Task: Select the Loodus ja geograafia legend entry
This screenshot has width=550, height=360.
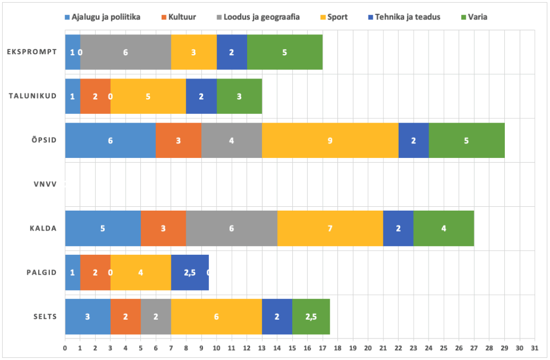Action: click(263, 17)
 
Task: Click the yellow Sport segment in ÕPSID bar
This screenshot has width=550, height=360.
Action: click(330, 140)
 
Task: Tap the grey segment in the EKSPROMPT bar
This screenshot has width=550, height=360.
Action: click(126, 52)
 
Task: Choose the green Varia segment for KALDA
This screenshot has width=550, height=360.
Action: click(444, 228)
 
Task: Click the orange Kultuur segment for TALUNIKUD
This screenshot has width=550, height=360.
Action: click(95, 96)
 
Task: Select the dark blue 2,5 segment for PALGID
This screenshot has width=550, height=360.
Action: click(190, 272)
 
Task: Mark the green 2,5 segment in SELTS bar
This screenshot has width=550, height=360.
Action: click(311, 316)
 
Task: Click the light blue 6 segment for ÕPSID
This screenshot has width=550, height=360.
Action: click(110, 140)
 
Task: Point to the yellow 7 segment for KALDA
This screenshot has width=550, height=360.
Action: click(330, 228)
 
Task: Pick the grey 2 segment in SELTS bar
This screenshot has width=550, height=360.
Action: click(156, 316)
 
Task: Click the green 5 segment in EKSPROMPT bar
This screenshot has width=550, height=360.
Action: click(285, 52)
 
